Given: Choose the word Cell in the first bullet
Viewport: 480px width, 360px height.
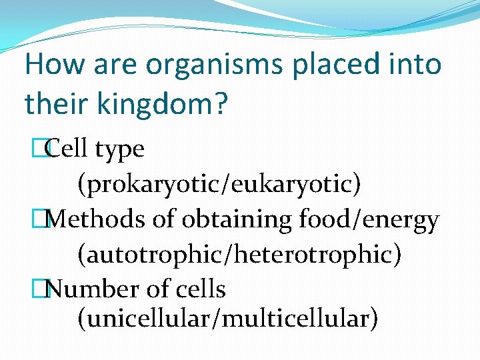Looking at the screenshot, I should tap(69, 149).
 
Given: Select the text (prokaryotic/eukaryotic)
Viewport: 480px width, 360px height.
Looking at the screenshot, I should tap(219, 184).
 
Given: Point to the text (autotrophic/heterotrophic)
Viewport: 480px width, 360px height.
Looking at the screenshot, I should tap(239, 254).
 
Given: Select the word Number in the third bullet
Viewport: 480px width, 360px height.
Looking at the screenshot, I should tap(87, 289).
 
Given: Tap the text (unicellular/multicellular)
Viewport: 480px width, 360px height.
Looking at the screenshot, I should tap(227, 319).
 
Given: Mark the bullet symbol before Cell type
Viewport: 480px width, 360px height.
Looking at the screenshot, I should tap(45, 149).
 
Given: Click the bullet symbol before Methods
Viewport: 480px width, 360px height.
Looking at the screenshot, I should tap(45, 219).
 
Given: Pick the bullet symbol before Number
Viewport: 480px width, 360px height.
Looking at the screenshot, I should tap(45, 289).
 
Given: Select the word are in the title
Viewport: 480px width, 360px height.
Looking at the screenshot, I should tap(117, 65).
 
